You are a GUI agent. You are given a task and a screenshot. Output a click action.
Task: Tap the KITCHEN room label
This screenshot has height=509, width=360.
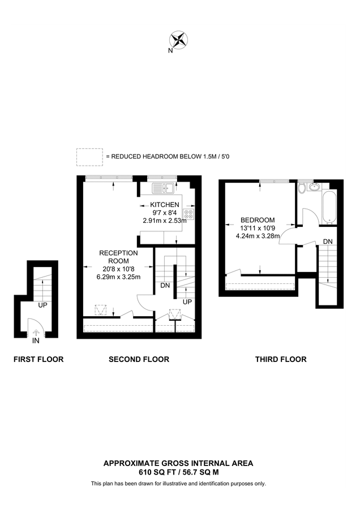tap(165, 205)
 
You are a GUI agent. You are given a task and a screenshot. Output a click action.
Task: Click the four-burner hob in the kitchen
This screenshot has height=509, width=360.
tap(188, 214)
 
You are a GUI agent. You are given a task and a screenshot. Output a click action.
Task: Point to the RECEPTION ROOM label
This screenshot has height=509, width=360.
tap(118, 257)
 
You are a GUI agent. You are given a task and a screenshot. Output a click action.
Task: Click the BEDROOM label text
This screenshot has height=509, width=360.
tap(258, 220)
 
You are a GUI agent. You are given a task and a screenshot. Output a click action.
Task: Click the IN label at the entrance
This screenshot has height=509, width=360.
tap(36, 341)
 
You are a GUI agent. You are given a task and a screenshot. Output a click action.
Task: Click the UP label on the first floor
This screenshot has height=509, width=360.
tap(42, 305)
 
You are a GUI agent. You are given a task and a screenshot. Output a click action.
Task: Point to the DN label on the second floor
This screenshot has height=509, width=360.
tap(165, 286)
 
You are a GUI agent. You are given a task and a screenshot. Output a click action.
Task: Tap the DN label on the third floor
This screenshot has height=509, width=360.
tap(328, 241)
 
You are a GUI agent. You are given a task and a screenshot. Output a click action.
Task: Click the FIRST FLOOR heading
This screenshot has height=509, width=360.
tap(38, 359)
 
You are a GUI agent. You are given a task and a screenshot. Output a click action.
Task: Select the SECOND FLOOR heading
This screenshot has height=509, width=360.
tap(139, 359)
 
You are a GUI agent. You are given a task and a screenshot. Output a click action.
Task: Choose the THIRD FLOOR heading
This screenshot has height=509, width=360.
tap(281, 359)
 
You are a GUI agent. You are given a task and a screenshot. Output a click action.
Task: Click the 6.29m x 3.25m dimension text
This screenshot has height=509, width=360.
tap(118, 277)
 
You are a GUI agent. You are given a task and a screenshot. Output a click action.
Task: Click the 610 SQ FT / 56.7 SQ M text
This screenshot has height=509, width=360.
tap(178, 471)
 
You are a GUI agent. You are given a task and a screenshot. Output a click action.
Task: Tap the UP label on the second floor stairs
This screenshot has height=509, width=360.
tap(187, 301)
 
